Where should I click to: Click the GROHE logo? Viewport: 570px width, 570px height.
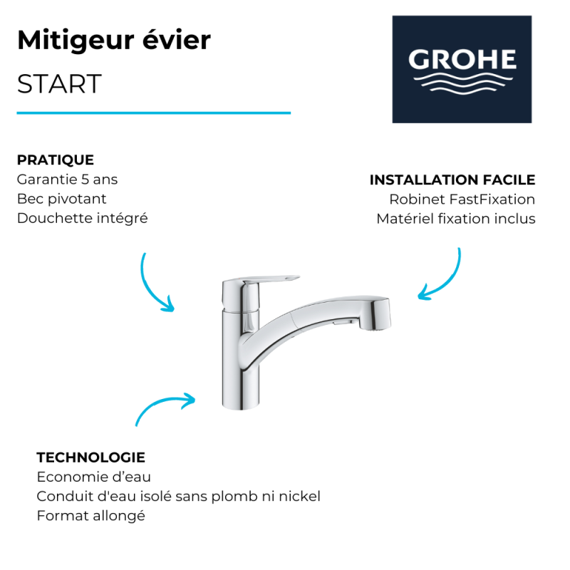coord(462,69)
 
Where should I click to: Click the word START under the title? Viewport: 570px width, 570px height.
coord(59,84)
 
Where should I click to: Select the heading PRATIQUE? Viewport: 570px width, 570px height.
coord(56,160)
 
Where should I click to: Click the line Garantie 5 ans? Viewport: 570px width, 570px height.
coord(67,180)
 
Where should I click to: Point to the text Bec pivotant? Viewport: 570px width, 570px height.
coord(61,199)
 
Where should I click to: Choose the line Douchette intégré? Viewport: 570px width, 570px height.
coord(82,219)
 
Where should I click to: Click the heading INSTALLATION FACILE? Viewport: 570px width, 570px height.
coord(452,180)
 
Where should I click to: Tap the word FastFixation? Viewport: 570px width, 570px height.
coord(492,199)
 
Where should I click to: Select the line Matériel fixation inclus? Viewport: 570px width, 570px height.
coord(456,219)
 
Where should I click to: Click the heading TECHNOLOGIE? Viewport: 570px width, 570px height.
coord(91,457)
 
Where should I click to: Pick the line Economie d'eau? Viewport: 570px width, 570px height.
coord(94,477)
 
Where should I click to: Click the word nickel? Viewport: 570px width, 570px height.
coord(299,496)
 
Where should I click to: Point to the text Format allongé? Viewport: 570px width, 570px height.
coord(91,516)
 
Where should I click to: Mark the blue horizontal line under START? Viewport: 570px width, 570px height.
coord(154,113)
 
